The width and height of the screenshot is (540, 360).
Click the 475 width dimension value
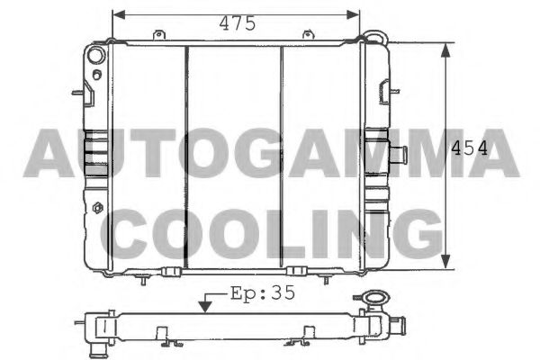(238, 23)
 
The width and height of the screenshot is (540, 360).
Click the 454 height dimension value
(470, 148)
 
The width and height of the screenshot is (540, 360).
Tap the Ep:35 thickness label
(263, 293)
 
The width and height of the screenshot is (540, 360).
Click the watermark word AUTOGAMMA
(271, 153)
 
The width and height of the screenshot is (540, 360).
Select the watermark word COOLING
(272, 234)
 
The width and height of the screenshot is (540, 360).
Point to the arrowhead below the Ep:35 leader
(205, 306)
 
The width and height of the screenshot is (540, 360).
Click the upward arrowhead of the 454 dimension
(445, 50)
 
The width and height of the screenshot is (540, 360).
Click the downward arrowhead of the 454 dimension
(445, 262)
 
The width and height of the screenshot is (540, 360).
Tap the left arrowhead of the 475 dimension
(119, 14)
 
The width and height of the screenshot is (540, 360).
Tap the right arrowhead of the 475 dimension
(353, 14)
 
